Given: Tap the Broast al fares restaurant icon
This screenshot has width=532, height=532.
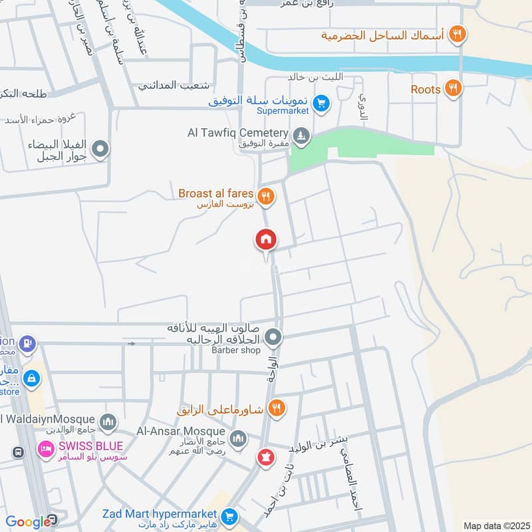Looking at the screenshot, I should click(x=265, y=196).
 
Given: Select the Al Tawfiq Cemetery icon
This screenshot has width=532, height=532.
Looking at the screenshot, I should click(x=302, y=135).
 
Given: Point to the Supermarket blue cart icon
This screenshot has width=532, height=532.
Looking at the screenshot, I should click(x=321, y=103).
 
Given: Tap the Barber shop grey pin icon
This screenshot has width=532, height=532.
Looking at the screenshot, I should click(x=273, y=338).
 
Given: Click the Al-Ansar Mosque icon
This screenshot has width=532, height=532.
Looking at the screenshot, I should click(x=238, y=439).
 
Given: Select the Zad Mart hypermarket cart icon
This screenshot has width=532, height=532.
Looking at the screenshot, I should click(x=229, y=516).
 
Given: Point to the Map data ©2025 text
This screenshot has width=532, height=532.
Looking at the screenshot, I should click(x=495, y=525).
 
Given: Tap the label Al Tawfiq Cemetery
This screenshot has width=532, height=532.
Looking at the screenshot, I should click(x=237, y=133).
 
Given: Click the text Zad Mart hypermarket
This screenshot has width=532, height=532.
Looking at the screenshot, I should click(x=160, y=514).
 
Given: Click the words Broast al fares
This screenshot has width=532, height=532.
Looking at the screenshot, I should click(x=216, y=194).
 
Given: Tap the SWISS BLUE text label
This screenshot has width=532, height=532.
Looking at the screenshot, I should click(x=90, y=446).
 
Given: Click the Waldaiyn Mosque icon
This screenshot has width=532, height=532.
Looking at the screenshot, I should click(x=108, y=422).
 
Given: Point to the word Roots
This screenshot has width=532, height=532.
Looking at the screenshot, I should click(x=426, y=89).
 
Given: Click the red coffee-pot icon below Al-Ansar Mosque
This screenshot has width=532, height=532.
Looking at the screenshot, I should click(x=265, y=458).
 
